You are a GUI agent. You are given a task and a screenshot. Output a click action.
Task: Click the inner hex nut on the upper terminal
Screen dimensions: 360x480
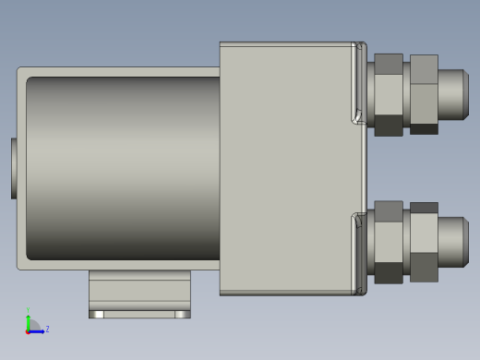[x=388, y=94]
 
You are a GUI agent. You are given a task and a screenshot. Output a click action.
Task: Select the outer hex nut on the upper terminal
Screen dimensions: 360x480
[x=424, y=94]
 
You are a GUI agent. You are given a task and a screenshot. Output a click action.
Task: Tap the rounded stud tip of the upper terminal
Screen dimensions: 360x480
[x=453, y=93]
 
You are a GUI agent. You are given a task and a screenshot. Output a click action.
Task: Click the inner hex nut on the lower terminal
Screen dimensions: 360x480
[x=388, y=242]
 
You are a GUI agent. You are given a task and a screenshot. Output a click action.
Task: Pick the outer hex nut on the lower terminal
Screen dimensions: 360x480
[x=424, y=242]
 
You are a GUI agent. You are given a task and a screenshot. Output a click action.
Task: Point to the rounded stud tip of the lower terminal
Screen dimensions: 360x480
[x=453, y=241]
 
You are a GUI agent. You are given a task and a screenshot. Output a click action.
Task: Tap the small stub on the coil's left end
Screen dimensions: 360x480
[x=14, y=168]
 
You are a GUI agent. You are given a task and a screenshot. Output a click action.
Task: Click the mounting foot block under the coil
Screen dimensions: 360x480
[x=139, y=292]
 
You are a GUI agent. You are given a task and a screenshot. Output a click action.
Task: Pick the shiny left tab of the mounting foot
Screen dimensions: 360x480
[x=96, y=314]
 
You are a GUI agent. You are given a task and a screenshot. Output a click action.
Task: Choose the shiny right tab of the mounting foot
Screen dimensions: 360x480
[x=183, y=314]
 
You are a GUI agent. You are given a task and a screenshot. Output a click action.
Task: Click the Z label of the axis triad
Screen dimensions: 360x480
[x=47, y=329]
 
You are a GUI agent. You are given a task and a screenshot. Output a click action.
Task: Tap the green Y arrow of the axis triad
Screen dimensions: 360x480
[x=29, y=320]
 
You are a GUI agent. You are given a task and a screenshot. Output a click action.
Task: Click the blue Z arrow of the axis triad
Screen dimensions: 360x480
[x=38, y=330]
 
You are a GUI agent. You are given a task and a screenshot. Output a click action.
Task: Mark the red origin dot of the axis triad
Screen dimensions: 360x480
[x=28, y=330]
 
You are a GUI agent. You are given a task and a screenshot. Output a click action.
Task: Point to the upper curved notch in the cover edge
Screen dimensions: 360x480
[x=357, y=115]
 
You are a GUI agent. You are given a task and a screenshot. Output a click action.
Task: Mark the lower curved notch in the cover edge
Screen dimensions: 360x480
[x=357, y=221]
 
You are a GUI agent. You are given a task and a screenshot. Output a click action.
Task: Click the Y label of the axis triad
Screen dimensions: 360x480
[x=28, y=310]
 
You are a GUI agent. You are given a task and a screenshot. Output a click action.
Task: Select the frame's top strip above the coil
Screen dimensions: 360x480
[x=118, y=71]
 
